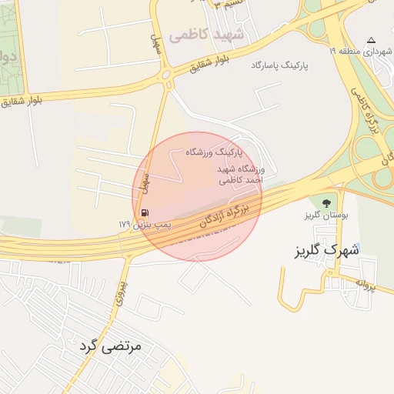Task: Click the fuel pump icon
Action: click(144, 212)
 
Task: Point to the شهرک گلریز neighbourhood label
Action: click(327, 250)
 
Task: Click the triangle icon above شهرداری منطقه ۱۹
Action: click(371, 40)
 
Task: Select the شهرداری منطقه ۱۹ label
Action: click(359, 51)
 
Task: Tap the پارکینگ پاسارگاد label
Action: click(279, 66)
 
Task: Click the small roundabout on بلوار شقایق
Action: click(167, 75)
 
